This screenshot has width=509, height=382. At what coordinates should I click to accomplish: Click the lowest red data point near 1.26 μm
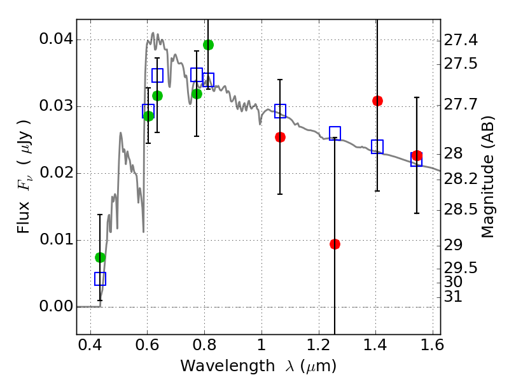pos(335,244)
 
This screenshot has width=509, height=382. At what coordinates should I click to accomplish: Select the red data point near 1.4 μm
pos(377,101)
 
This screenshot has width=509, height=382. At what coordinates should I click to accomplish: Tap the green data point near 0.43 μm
pos(100,257)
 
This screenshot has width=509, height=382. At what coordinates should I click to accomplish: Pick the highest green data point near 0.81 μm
pos(208,45)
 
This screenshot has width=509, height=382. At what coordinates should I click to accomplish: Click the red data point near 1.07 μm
pos(280,137)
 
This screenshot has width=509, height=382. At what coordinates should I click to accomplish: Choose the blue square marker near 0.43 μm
pos(100,279)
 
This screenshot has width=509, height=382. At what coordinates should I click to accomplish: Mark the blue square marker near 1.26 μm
pos(335,133)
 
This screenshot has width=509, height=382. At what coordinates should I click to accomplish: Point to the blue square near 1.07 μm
pos(280,111)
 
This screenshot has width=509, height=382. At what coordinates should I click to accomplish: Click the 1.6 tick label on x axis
pos(431,348)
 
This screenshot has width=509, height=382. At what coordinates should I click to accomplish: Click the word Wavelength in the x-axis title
pos(216,366)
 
